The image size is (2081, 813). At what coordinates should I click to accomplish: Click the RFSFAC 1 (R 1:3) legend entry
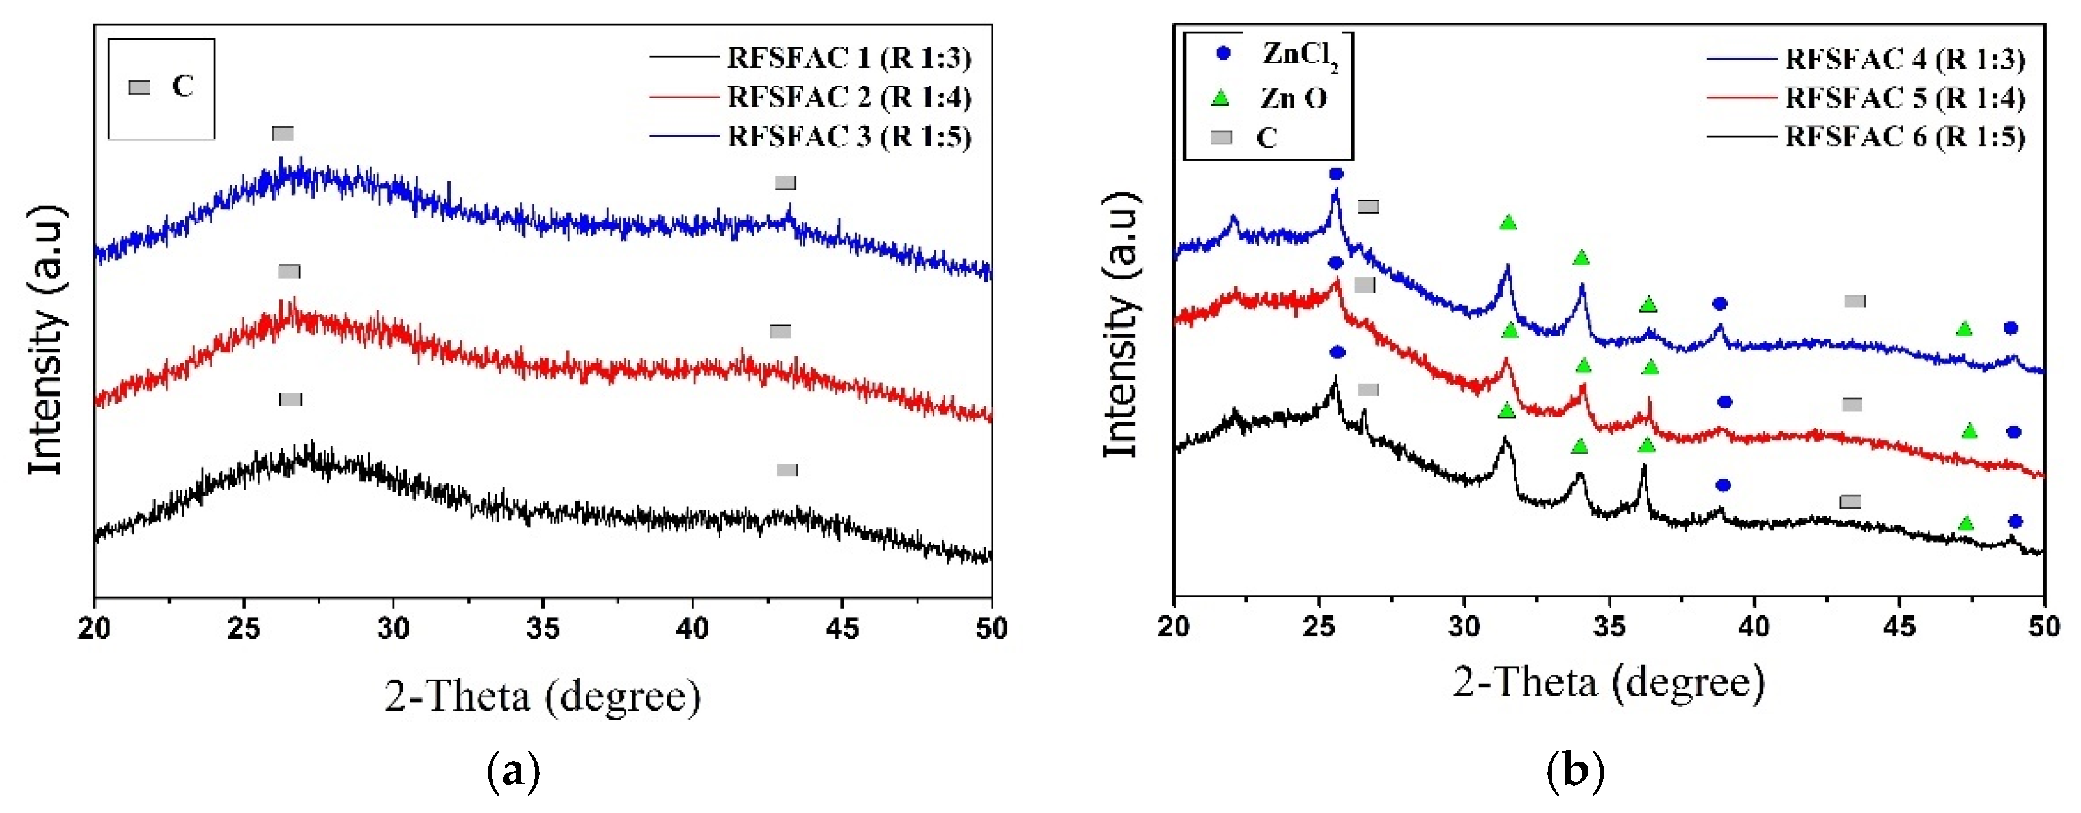pyautogui.click(x=848, y=58)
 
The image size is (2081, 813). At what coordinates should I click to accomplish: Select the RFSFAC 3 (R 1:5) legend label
pyautogui.click(x=848, y=137)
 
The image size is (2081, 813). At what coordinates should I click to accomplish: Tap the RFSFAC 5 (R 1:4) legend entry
pyautogui.click(x=1904, y=98)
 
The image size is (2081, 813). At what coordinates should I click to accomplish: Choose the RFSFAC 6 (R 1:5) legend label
pyautogui.click(x=1904, y=137)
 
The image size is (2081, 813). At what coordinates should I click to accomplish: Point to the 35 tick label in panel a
pyautogui.click(x=543, y=629)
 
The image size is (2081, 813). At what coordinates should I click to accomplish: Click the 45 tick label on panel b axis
pyautogui.click(x=1899, y=626)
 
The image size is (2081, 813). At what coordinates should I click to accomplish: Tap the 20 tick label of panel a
pyautogui.click(x=95, y=629)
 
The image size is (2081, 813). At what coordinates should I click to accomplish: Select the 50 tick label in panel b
pyautogui.click(x=2045, y=626)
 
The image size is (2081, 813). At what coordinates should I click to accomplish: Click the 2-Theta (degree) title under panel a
pyautogui.click(x=542, y=696)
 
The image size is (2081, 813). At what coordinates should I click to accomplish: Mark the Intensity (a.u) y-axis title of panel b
pyautogui.click(x=1121, y=325)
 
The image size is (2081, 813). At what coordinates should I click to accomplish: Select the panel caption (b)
pyautogui.click(x=1575, y=771)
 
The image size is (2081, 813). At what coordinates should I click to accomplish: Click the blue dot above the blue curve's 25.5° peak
pyautogui.click(x=1336, y=174)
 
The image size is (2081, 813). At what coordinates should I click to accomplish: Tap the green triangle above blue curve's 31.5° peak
pyautogui.click(x=1508, y=222)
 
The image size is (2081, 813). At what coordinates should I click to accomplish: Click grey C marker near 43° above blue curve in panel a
pyautogui.click(x=785, y=183)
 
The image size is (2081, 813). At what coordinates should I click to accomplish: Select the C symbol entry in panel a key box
pyautogui.click(x=161, y=86)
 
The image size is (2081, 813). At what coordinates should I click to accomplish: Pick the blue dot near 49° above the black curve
pyautogui.click(x=2015, y=521)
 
